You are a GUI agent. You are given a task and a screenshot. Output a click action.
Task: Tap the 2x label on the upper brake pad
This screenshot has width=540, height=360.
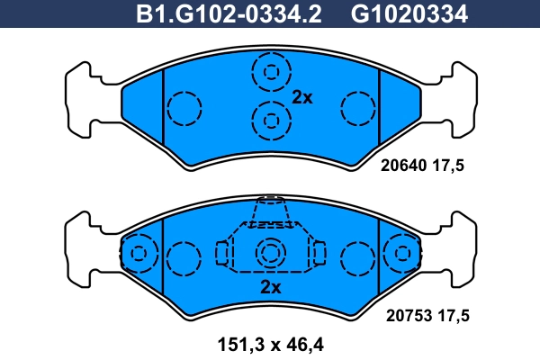click(302, 98)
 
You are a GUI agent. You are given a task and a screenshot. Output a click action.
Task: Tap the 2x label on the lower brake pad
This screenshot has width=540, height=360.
click(270, 288)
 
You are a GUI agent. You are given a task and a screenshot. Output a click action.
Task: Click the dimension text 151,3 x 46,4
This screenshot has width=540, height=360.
click(270, 343)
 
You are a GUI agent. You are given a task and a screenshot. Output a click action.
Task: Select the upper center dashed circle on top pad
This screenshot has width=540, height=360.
click(270, 71)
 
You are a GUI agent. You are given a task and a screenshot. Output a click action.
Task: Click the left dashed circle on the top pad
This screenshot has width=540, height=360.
click(184, 109)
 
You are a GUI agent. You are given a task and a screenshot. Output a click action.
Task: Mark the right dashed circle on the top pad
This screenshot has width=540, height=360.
click(357, 109)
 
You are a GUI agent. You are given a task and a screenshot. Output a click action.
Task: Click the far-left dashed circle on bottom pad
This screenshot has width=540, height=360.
click(138, 255)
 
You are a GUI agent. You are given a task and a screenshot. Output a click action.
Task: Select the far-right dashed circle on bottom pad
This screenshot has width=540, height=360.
click(401, 255)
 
